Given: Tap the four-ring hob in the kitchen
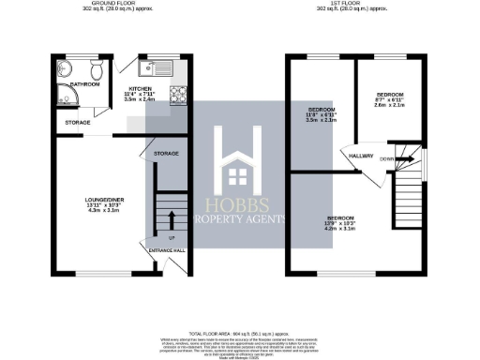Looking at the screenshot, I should tap(177, 95).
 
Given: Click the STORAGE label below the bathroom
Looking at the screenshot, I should tap(78, 122).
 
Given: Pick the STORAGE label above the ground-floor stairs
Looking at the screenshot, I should tap(166, 152).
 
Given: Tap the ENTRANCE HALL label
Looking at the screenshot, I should tap(167, 250).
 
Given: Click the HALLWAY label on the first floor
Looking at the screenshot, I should tap(361, 156).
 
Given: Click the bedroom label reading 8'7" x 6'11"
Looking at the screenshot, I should tap(389, 100).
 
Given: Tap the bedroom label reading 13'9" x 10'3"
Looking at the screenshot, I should tap(340, 223).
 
